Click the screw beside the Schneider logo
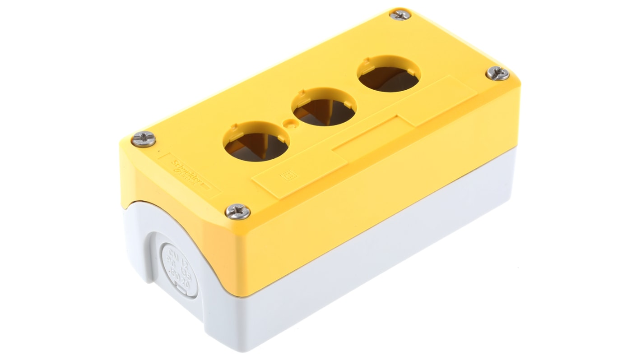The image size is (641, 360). [144, 139]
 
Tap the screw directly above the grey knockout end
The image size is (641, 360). [237, 211]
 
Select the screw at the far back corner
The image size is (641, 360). [400, 14]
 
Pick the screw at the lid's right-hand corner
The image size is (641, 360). [497, 73]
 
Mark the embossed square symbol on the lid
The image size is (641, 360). [287, 176]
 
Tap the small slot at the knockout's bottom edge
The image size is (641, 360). [181, 294]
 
